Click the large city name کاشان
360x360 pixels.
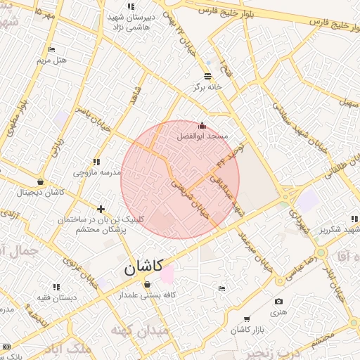(x=143, y=266)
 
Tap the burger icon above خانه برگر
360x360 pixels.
(x=207, y=76)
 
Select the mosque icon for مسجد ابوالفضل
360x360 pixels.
(x=202, y=125)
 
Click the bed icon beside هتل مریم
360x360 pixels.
(x=51, y=49)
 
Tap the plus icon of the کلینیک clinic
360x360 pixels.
(x=101, y=209)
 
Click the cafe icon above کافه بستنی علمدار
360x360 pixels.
(x=147, y=284)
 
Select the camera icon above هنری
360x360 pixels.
(x=278, y=301)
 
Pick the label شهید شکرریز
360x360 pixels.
(x=340, y=230)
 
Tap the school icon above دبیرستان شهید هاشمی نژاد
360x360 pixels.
(x=130, y=6)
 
